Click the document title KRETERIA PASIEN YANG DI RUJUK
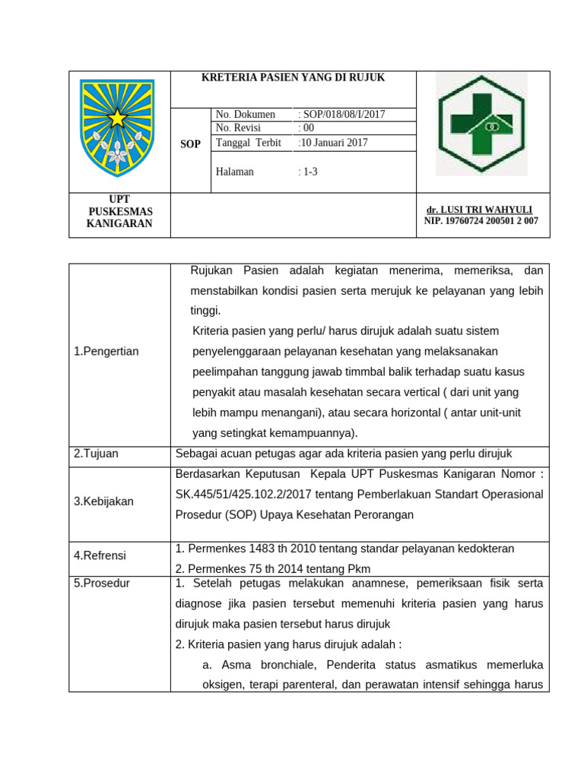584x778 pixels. point(293,77)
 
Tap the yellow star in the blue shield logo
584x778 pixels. point(117,118)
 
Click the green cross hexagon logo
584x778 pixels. point(481,125)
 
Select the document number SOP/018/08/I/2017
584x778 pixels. point(344,115)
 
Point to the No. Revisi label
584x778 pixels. point(238,128)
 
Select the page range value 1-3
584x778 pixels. point(308,172)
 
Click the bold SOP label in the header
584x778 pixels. point(190,144)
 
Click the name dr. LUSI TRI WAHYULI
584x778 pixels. point(480,210)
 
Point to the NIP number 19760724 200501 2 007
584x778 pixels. point(481,221)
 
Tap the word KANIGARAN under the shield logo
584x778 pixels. point(119,223)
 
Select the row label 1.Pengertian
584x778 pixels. point(106,351)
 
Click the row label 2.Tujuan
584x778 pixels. point(96,454)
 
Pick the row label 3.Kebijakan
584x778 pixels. point(103,501)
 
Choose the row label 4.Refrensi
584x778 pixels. point(100,555)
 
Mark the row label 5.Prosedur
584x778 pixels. point(102,583)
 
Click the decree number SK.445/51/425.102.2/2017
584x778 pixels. point(240,495)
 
